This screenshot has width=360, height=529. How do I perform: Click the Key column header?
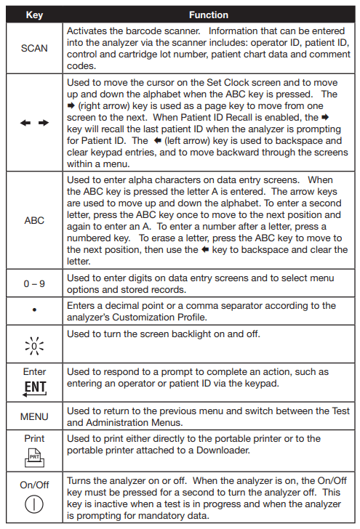(34, 15)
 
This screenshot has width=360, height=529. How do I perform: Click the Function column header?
(209, 15)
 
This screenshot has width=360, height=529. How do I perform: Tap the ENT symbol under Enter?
(34, 386)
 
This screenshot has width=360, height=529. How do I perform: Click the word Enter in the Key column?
(34, 371)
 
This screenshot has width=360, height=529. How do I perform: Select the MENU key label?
(34, 417)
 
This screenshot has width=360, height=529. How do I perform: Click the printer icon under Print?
(34, 454)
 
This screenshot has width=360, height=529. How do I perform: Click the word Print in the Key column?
(34, 438)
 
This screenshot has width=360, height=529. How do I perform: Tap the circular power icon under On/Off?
(34, 502)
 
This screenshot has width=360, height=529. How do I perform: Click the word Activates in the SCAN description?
(87, 33)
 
